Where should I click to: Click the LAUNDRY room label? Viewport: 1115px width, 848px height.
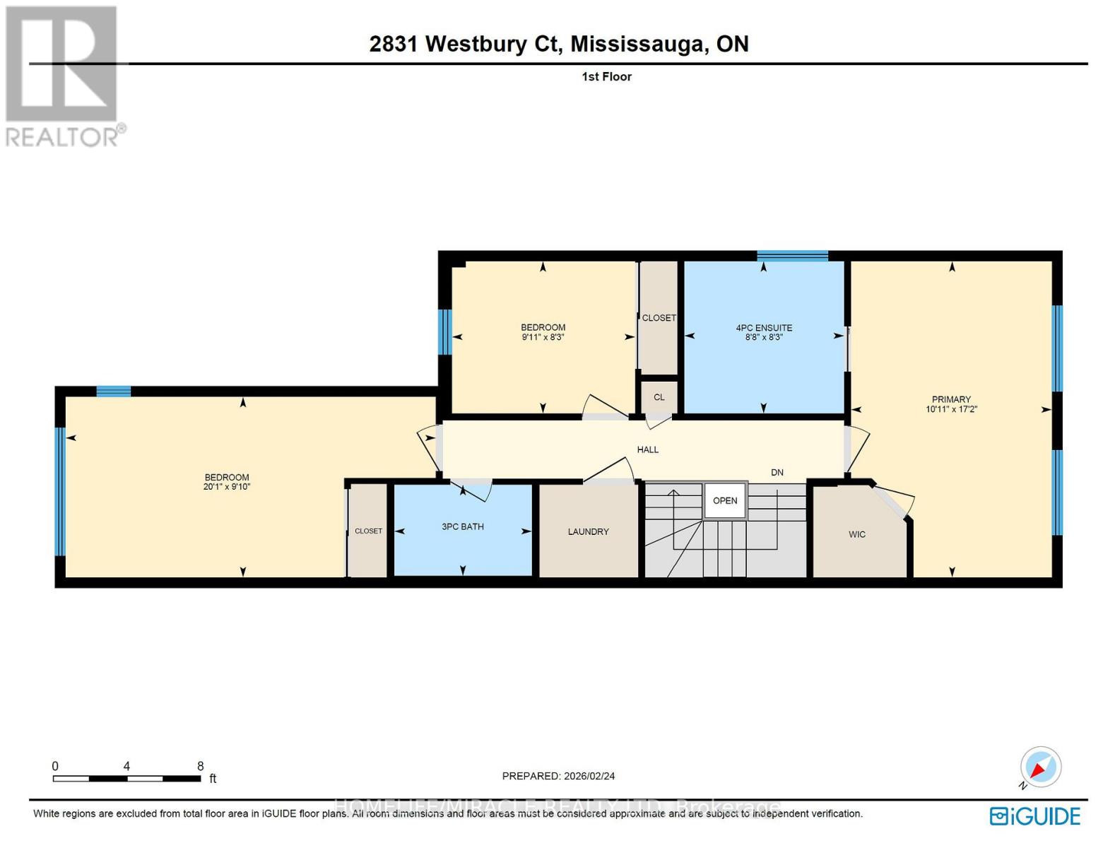coord(588,531)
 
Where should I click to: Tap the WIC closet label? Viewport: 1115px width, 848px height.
coord(856,534)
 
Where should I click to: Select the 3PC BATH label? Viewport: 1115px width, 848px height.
coord(462,526)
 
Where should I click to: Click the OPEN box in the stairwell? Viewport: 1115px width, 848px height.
coord(725,500)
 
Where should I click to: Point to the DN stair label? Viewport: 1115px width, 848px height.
coord(777,472)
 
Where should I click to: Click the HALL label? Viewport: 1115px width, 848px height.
coord(647,449)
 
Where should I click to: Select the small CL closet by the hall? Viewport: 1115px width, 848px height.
coord(659,397)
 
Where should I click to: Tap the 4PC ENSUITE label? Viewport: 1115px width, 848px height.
coord(764,328)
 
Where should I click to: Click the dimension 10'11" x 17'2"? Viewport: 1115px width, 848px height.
coord(951,409)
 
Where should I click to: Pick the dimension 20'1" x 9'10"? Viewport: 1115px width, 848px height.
coord(227,487)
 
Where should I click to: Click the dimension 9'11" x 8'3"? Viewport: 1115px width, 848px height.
coord(543,337)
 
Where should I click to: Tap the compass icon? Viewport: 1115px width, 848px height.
coord(1040,767)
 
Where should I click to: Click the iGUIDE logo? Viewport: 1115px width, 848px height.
coord(1034,816)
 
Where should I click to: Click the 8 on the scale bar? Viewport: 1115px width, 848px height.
coord(201,766)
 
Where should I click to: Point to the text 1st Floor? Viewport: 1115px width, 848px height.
coord(606,76)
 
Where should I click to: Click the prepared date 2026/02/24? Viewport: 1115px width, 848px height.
coord(589,776)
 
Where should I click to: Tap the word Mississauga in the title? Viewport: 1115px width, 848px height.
coord(639,44)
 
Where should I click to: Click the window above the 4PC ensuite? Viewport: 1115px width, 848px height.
coord(792,256)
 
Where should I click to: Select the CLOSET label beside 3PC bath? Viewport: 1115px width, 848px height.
coord(368,531)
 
